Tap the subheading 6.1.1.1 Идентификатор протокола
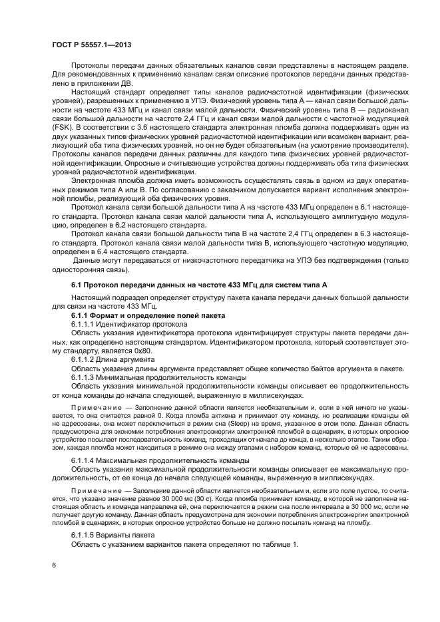(x=129, y=323)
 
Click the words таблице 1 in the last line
(x=279, y=545)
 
